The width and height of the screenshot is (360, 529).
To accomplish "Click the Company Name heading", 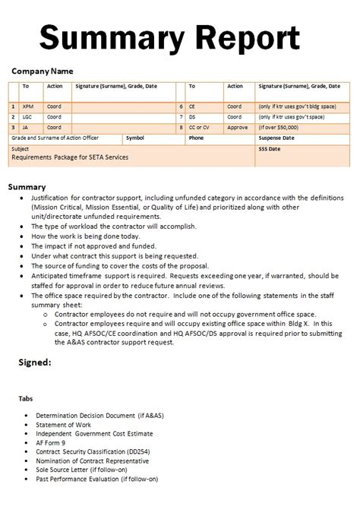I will pos(43,71).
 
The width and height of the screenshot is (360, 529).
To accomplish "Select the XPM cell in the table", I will pos(28,106).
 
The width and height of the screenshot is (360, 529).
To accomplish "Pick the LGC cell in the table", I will pos(27,117).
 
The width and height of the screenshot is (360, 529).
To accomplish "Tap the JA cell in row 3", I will pos(26,128).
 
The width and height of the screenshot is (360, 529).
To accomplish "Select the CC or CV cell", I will pos(199,128).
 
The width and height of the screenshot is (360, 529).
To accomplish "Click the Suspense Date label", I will pos(276,138).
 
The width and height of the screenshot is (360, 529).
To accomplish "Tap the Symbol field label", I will pos(135,138).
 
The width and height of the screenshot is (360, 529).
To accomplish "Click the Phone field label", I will pos(196,138).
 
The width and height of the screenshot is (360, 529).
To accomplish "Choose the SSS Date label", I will pos(270,149).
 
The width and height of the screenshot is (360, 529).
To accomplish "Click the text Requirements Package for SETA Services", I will pos(70,157).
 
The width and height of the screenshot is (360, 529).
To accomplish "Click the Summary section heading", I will pos(27,186).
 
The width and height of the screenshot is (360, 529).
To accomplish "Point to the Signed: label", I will pos(35,363).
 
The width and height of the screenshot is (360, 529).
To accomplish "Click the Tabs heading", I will pos(26,398).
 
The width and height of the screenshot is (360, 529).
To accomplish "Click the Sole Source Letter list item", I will pos(76,470).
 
